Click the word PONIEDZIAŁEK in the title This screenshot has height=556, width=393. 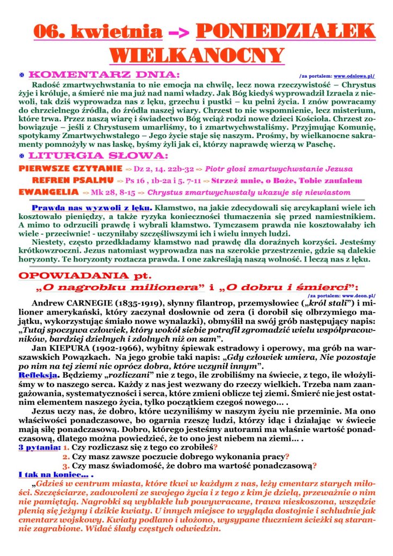[x=285, y=32]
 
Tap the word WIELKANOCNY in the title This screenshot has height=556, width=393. [x=196, y=55]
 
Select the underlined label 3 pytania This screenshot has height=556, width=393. [x=39, y=447]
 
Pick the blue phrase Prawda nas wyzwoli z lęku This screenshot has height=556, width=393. [x=93, y=208]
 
